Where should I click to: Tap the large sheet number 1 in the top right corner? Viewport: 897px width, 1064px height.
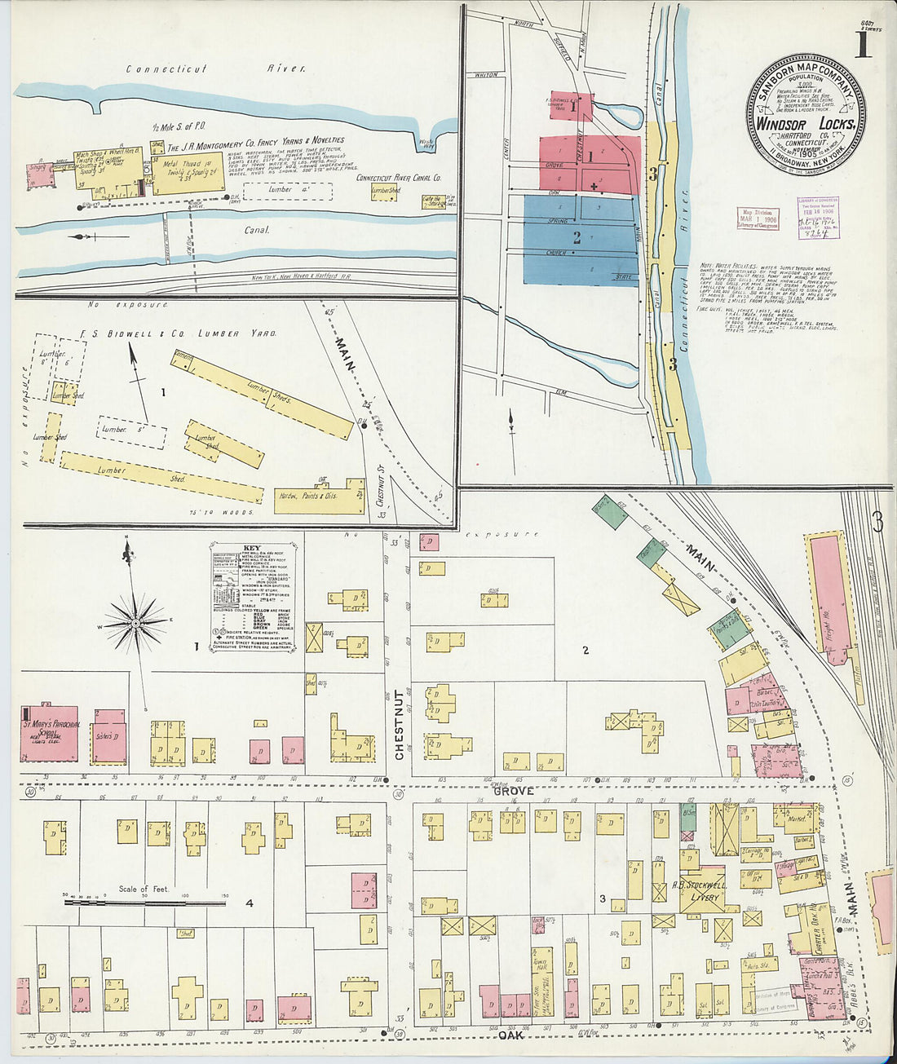click(x=862, y=46)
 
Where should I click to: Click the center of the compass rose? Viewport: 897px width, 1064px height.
click(x=135, y=623)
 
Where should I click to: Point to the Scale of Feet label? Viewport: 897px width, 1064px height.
click(x=144, y=889)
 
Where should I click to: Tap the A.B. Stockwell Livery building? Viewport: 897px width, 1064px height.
click(x=698, y=891)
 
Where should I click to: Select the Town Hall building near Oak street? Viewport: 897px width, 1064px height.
click(x=541, y=970)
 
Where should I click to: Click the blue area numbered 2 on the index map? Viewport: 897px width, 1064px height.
click(x=577, y=239)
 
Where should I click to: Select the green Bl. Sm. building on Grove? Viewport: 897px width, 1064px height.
click(x=687, y=819)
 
